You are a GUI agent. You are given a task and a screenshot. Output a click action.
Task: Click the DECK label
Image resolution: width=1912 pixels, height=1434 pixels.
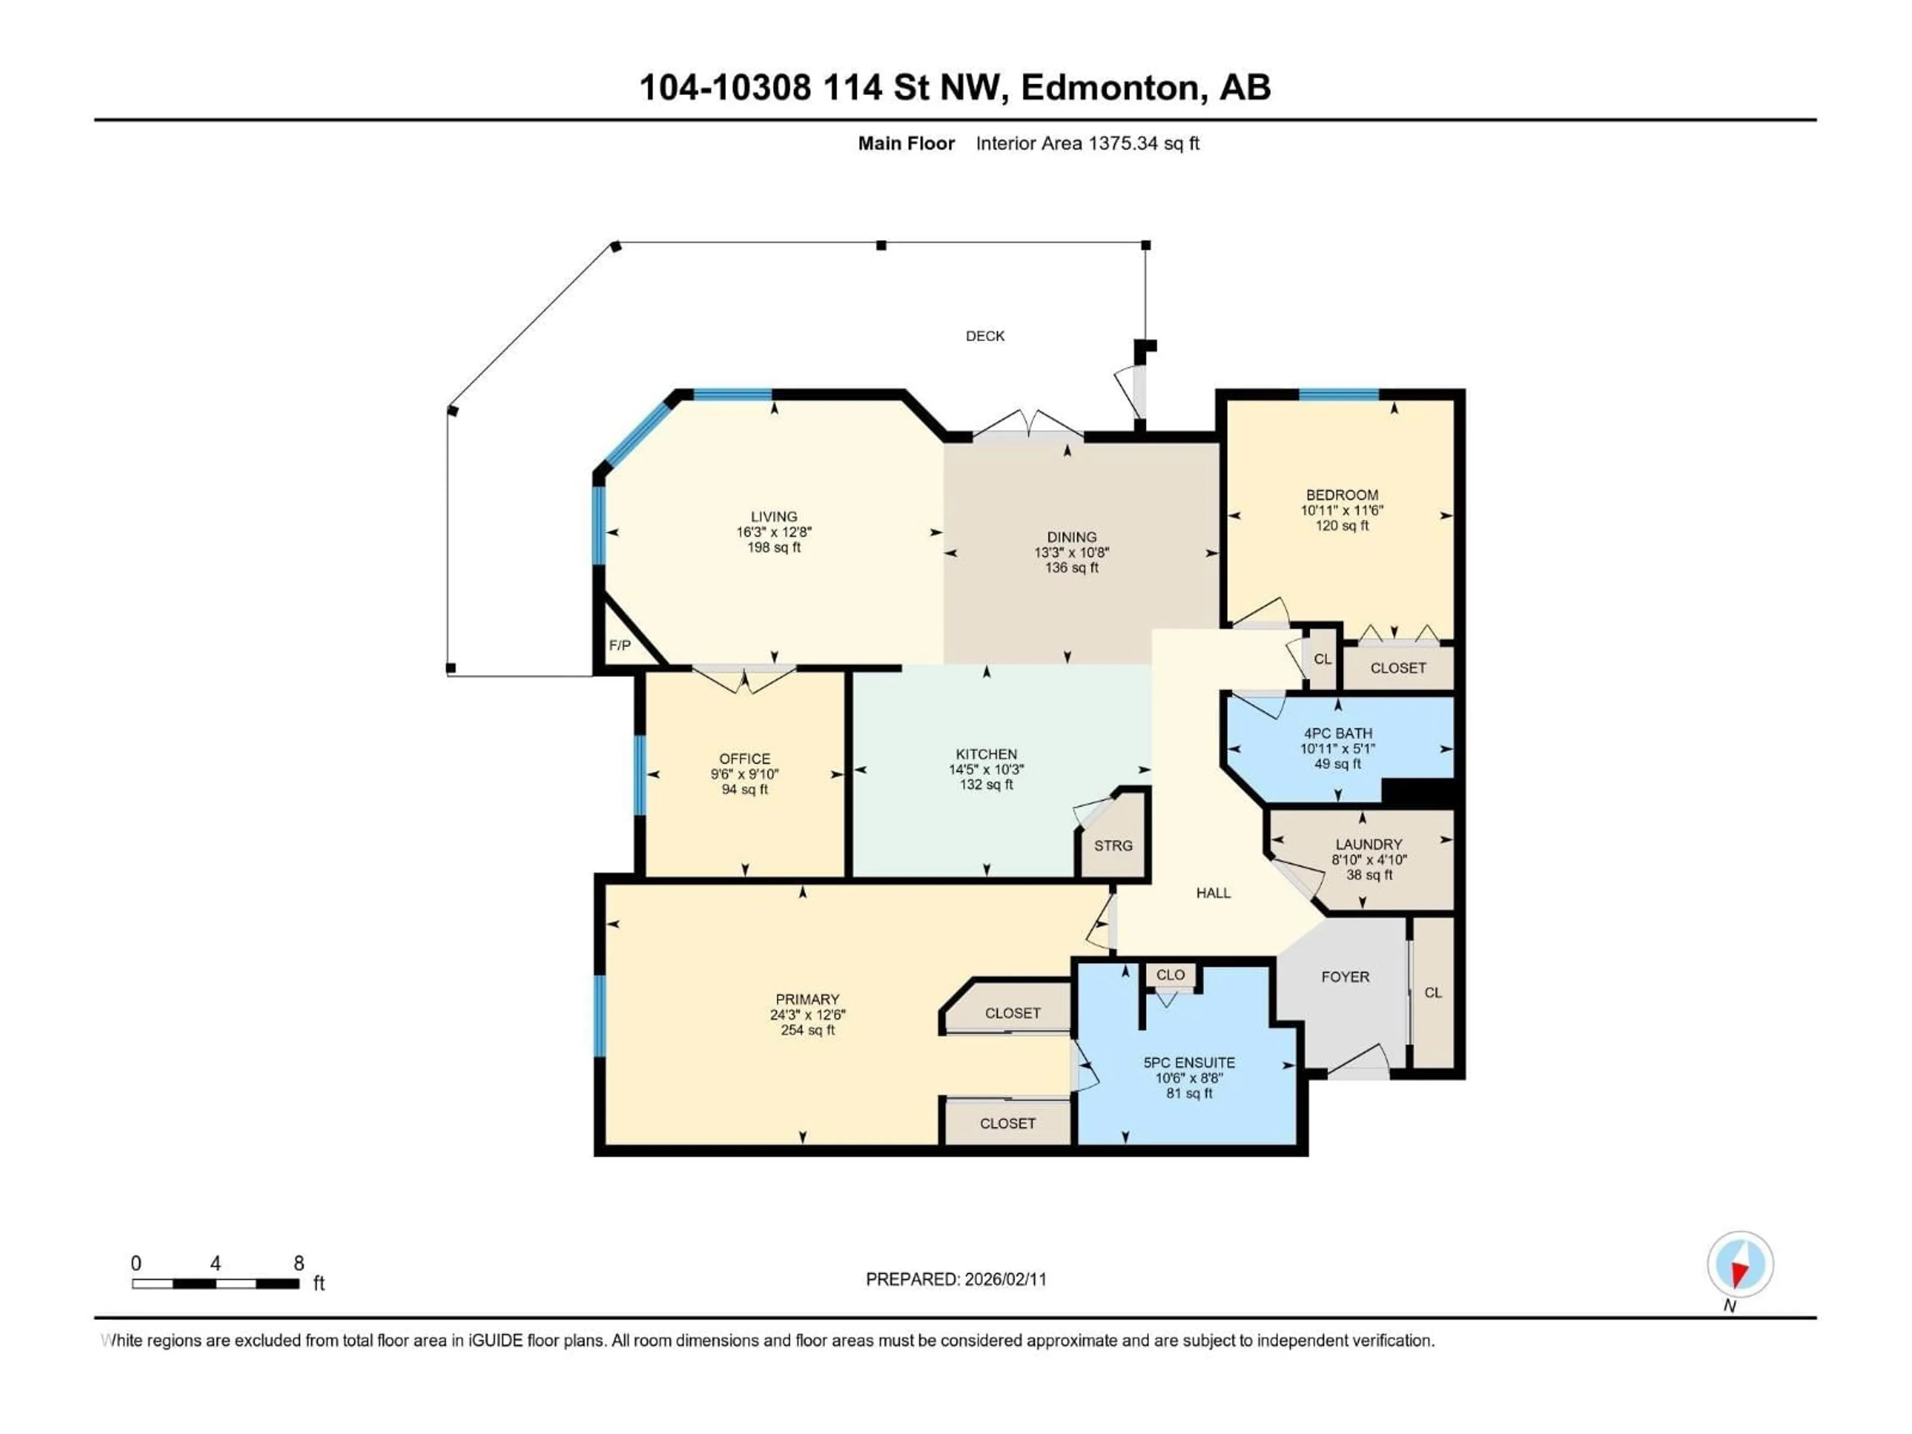pos(984,336)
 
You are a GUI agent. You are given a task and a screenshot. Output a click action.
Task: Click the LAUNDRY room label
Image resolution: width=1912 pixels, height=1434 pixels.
pos(1368,843)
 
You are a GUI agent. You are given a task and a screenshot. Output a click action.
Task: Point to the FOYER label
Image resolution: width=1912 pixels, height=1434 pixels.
pos(1345,977)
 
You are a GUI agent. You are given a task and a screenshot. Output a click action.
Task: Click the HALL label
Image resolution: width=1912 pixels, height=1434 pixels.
pos(1213,893)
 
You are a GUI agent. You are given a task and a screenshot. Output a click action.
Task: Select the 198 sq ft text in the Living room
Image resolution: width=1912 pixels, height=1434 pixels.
pos(774,547)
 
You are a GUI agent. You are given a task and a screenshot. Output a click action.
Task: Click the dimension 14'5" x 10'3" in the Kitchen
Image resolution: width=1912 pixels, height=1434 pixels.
pos(986,769)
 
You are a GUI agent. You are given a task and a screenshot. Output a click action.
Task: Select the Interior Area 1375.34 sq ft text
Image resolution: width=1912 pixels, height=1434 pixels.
pos(1087,143)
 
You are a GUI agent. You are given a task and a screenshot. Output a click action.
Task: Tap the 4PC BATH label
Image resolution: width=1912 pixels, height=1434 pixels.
pos(1338,733)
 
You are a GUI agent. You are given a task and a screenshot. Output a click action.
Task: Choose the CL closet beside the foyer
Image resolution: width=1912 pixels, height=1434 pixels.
pos(1433,992)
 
